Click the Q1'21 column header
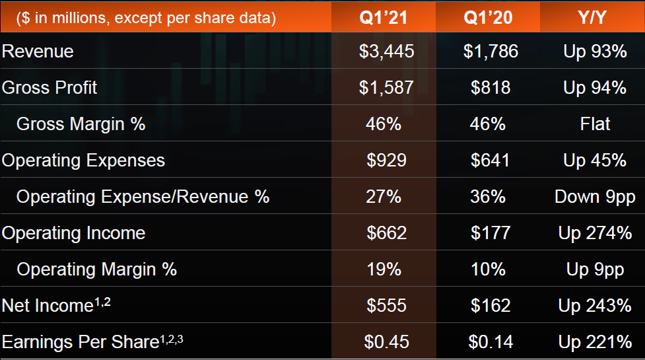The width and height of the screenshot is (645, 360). [x=384, y=17]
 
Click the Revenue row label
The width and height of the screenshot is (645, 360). [x=38, y=52]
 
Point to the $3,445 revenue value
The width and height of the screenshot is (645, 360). [x=386, y=52]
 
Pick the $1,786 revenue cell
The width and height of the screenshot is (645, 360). [x=491, y=52]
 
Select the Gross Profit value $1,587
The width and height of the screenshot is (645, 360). [x=386, y=88]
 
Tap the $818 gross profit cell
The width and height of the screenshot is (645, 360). [x=491, y=88]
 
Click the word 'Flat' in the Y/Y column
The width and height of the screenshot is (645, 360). [x=595, y=124]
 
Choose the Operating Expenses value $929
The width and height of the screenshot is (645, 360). [x=386, y=161]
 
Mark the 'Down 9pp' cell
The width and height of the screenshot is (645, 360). [x=595, y=197]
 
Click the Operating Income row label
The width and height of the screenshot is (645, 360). [x=74, y=233]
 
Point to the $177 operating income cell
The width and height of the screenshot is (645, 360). [x=491, y=233]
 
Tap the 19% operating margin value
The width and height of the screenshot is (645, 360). [x=384, y=270]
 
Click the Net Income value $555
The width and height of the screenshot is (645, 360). [x=386, y=305]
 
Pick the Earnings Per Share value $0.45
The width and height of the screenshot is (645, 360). [x=386, y=342]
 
